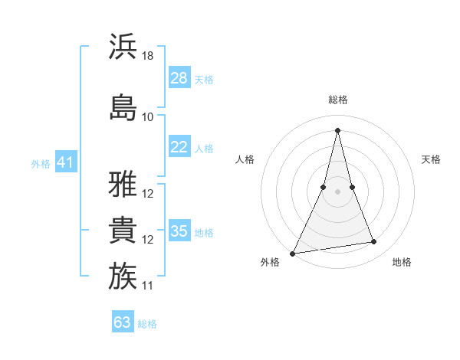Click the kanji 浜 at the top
pos(123,47)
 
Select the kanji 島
pos(123,107)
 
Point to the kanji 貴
pos(123,231)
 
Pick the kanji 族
pos(123,277)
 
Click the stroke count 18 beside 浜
pos(149,56)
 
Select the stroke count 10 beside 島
pos(148,117)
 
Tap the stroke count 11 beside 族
pos(148,286)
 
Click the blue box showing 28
pos(179,78)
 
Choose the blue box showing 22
pos(179,147)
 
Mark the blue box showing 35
pos(179,231)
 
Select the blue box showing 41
pos(66,162)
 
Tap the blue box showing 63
pos(123,322)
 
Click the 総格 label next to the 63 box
pos(147,324)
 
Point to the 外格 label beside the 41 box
pos(40,164)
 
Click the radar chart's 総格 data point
pos(337,129)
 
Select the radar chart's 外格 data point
pos(292,253)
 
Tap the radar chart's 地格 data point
pos(374,242)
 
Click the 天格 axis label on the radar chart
pos(432,159)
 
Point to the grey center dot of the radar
pos(337,191)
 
